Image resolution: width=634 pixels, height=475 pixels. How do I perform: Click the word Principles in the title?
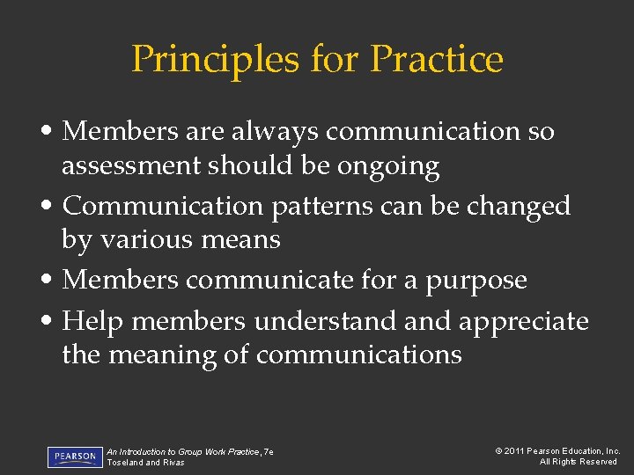pyautogui.click(x=214, y=59)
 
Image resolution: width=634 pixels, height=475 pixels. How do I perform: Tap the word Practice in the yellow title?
pyautogui.click(x=437, y=59)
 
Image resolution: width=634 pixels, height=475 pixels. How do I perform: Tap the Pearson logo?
pyautogui.click(x=75, y=457)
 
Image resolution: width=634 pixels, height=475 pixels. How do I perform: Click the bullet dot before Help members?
pyautogui.click(x=51, y=322)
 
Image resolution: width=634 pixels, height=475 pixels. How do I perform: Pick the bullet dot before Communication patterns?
pyautogui.click(x=51, y=206)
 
